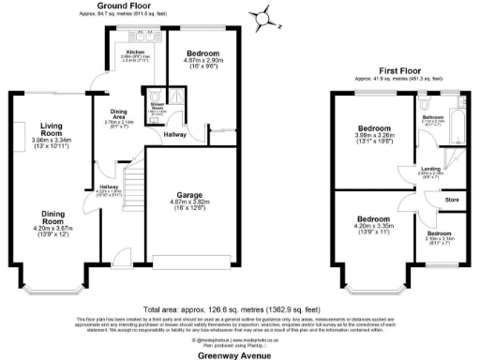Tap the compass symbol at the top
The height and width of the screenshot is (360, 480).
[x=265, y=16]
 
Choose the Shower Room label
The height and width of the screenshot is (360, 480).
[x=156, y=107]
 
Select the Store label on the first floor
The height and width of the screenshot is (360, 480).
[x=452, y=199]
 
